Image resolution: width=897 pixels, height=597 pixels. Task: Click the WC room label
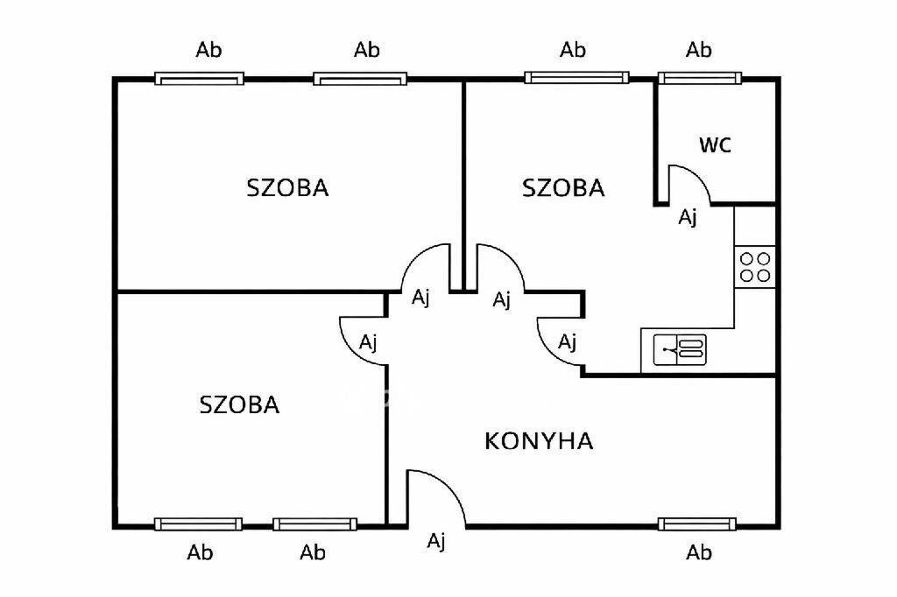tap(715, 145)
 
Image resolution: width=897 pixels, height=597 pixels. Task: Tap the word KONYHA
tap(539, 440)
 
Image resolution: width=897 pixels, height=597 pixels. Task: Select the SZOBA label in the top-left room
tap(287, 187)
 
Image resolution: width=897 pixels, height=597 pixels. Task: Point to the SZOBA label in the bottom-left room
tap(239, 404)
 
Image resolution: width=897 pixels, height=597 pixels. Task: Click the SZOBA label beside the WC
tap(563, 187)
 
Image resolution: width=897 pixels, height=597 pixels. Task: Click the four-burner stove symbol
tap(755, 266)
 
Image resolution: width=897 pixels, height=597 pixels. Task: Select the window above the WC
tap(700, 78)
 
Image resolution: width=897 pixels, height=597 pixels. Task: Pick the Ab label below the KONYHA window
tap(699, 552)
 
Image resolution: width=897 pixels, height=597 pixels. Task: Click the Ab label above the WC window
tap(699, 50)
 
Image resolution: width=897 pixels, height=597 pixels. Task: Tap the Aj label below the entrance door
tap(436, 542)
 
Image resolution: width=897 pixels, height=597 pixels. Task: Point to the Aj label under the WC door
tap(689, 217)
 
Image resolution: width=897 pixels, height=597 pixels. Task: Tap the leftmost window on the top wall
tap(199, 79)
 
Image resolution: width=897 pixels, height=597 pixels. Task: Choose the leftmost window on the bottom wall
tap(198, 524)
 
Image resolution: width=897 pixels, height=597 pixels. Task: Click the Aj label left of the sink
tap(568, 341)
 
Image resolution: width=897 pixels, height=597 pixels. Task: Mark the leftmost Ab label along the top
tap(208, 50)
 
